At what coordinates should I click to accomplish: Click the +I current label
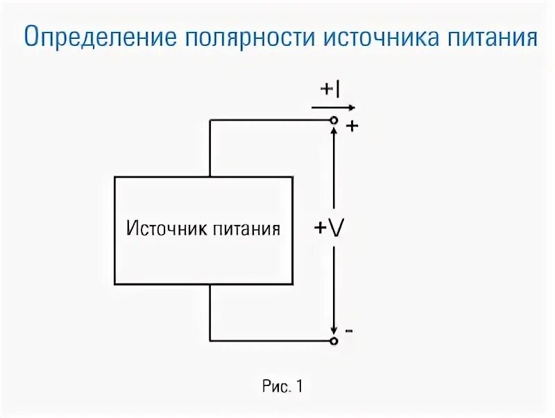[330, 90]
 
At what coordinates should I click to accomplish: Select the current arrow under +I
[333, 108]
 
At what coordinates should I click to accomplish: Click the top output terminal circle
[334, 120]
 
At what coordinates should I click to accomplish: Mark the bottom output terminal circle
[334, 341]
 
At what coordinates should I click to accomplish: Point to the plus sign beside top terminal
[351, 126]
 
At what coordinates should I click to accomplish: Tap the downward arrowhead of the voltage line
[334, 329]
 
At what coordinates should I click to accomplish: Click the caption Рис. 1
[282, 386]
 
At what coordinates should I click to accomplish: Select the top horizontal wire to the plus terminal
[271, 120]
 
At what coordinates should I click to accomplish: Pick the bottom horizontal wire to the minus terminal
[271, 341]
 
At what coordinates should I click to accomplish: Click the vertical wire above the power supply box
[210, 149]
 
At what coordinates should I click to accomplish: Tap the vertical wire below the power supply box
[210, 312]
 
